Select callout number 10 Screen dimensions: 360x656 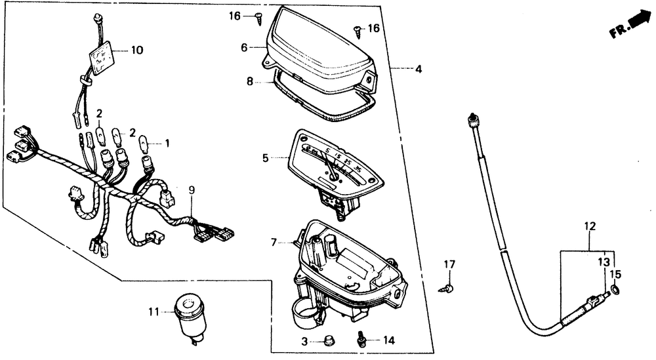pos(136,50)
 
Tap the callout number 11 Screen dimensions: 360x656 pos(153,312)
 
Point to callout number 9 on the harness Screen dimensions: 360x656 pos(192,191)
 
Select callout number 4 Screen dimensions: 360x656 pos(418,68)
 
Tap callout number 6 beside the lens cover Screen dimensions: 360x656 pos(243,47)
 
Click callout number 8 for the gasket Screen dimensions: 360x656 pos(249,83)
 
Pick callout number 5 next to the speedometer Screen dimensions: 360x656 pos(265,157)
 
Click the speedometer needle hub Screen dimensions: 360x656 pos(334,175)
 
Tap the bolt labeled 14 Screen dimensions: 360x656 pos(361,340)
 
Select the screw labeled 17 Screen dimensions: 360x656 pos(448,287)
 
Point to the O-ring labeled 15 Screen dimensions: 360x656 pos(616,289)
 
